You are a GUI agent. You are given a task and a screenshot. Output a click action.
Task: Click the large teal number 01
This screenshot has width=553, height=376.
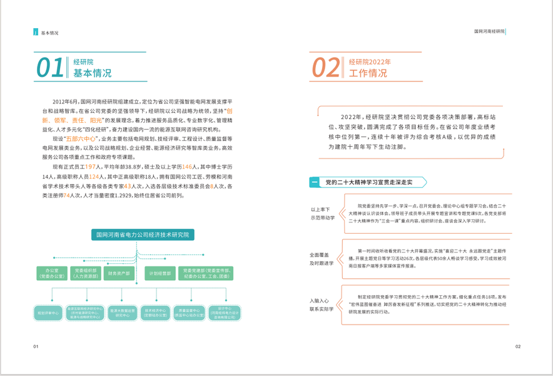tap(50, 68)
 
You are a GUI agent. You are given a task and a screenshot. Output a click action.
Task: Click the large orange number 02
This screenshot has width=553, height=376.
tap(326, 68)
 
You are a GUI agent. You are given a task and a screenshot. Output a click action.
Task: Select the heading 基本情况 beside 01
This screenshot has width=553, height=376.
tap(93, 73)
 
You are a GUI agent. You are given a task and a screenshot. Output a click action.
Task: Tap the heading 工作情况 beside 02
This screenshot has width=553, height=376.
tap(368, 73)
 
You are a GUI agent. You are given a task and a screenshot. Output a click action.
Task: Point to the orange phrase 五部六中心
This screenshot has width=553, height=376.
tap(81, 138)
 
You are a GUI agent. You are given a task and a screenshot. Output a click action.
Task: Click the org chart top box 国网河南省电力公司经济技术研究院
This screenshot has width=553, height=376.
tap(142, 235)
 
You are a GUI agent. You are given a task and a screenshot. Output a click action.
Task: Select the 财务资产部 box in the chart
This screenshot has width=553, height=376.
tap(119, 274)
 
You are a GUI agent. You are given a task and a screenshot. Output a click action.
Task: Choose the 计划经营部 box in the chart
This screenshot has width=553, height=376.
tap(159, 274)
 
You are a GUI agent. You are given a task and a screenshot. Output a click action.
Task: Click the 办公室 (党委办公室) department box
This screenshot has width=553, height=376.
tap(52, 274)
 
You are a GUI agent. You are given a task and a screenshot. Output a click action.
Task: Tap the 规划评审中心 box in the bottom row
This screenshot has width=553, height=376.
tap(48, 313)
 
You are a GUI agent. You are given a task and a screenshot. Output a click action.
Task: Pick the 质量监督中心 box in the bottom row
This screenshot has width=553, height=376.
tap(188, 313)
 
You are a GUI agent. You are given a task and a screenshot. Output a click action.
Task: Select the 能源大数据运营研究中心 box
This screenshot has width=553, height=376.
tap(122, 313)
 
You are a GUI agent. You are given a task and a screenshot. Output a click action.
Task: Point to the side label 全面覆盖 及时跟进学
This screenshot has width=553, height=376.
tap(322, 259)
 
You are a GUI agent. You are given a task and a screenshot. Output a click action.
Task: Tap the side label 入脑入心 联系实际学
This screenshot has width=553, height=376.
tap(322, 305)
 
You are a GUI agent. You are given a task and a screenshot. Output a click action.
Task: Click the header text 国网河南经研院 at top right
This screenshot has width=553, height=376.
tap(489, 31)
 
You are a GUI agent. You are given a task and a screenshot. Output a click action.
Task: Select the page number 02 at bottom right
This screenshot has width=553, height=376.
tap(517, 347)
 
